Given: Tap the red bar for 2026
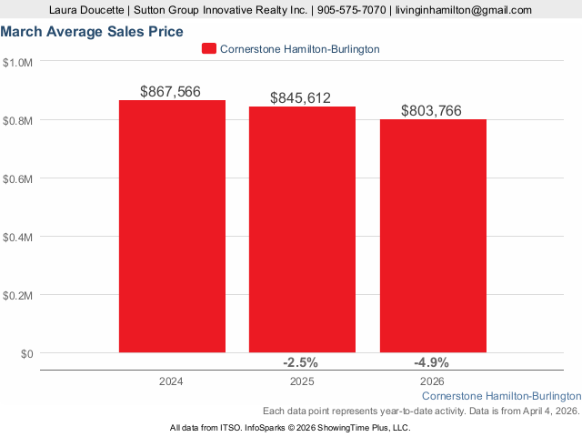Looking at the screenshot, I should click(x=433, y=236).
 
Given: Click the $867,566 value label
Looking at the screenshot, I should click(x=171, y=92).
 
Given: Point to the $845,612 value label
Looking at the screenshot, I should click(x=301, y=98).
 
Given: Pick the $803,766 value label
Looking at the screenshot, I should click(x=432, y=111).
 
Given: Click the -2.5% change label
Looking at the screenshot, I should click(x=301, y=361).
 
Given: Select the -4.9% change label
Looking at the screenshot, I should click(x=431, y=361).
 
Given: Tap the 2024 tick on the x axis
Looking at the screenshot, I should click(x=171, y=381).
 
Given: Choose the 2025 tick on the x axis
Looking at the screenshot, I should click(x=302, y=381).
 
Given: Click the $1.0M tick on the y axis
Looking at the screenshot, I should click(x=18, y=62).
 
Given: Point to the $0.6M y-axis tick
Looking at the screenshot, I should click(x=18, y=178).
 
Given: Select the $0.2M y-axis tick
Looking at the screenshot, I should click(x=18, y=295).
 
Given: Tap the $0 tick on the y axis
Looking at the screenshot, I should click(x=25, y=353).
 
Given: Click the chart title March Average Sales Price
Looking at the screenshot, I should click(x=92, y=31).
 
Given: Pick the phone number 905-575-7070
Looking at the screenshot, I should click(x=351, y=10).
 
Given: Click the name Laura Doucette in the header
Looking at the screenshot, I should click(x=88, y=10).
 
